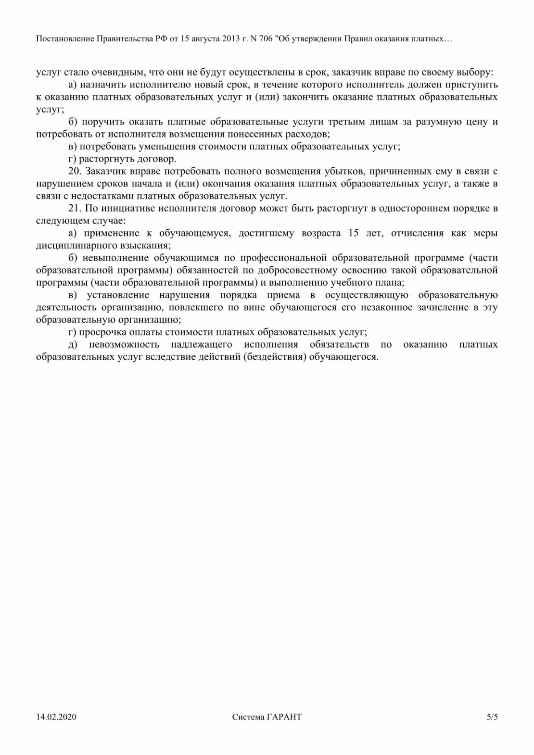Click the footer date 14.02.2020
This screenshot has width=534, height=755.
[56, 717]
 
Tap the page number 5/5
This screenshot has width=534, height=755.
[492, 717]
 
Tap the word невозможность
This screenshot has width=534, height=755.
[124, 345]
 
